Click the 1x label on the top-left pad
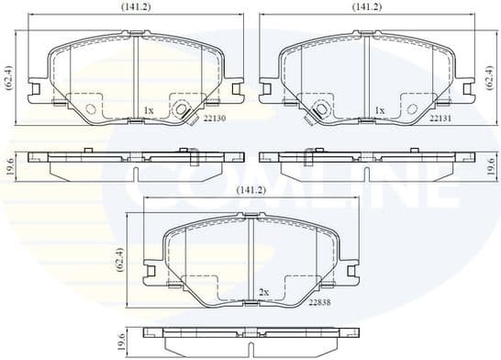click(x=149, y=110)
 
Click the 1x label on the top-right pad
click(x=379, y=110)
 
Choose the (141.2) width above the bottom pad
click(x=251, y=189)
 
